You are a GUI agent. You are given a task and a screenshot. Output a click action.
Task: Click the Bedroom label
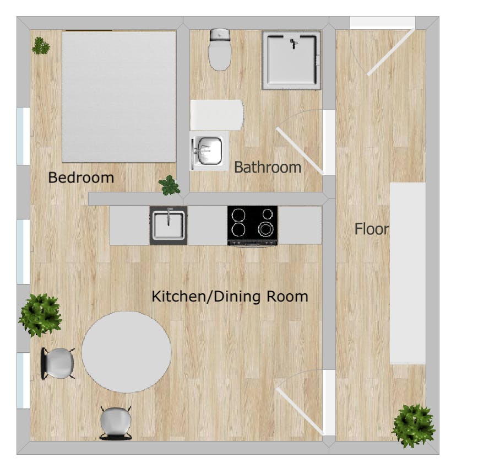[x=81, y=178]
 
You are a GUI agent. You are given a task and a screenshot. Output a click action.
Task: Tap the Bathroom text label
[x=268, y=167]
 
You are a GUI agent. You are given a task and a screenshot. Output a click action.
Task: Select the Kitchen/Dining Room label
[x=230, y=297]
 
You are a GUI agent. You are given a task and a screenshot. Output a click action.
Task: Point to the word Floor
[x=372, y=229]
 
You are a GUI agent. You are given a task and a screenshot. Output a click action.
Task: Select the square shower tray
[x=292, y=60]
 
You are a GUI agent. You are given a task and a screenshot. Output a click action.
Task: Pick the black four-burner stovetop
[x=252, y=225]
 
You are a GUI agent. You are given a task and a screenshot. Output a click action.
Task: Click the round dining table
[x=127, y=352]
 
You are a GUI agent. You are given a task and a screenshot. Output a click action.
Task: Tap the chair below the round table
[x=116, y=423]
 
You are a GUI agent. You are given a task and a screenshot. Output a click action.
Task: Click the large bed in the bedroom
[x=118, y=96]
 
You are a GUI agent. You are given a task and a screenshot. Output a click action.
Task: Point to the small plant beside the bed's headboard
[x=40, y=46]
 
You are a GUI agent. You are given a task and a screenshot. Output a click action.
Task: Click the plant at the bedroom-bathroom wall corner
[x=170, y=185]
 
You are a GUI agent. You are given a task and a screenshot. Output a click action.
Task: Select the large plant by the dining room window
[x=40, y=315]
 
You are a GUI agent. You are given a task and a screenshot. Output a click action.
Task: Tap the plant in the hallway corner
[x=414, y=426]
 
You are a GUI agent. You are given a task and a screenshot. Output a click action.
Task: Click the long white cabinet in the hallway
[x=407, y=273]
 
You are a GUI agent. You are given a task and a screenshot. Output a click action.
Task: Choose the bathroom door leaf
[x=298, y=150]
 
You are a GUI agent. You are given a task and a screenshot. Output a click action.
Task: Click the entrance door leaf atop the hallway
[x=391, y=51]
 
